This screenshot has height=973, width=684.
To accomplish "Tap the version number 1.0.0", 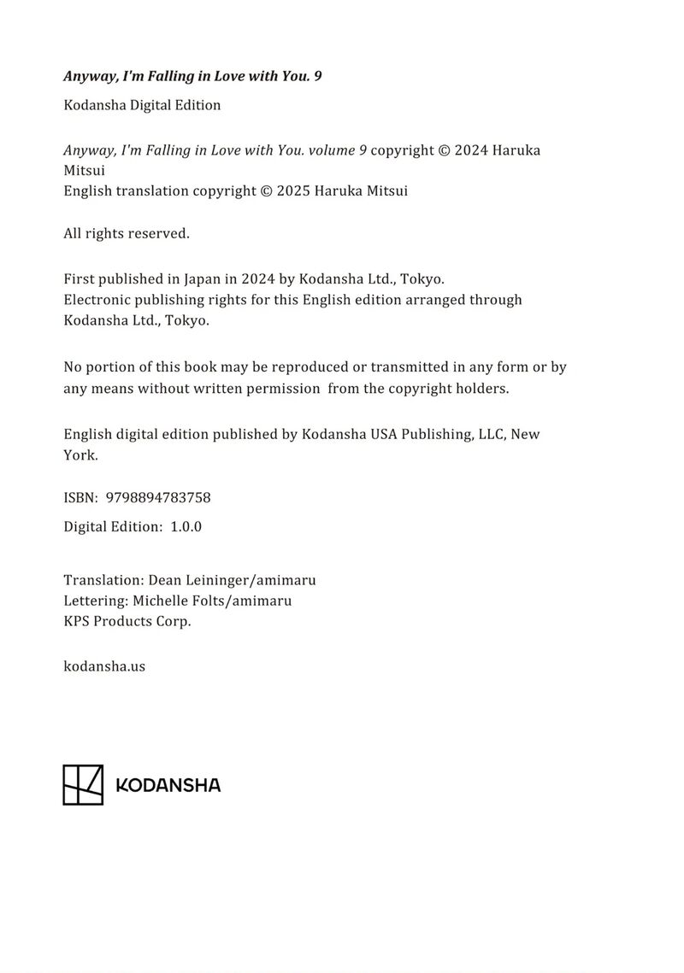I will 186,526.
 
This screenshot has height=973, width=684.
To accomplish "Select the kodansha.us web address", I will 104,665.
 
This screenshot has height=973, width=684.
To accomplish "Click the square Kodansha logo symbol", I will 83,784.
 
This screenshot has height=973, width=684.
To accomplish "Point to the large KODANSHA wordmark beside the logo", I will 168,785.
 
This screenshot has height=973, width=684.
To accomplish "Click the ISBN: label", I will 80,497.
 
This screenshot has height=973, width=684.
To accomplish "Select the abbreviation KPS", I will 76,621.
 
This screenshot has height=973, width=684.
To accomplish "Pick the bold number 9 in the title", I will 318,76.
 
